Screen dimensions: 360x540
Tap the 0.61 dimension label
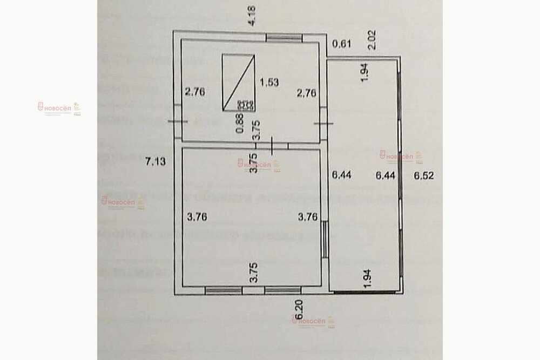point(341,44)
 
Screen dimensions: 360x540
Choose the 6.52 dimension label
point(423,175)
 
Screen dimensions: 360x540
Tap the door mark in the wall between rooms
point(272,145)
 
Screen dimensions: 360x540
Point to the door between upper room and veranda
point(324,124)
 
